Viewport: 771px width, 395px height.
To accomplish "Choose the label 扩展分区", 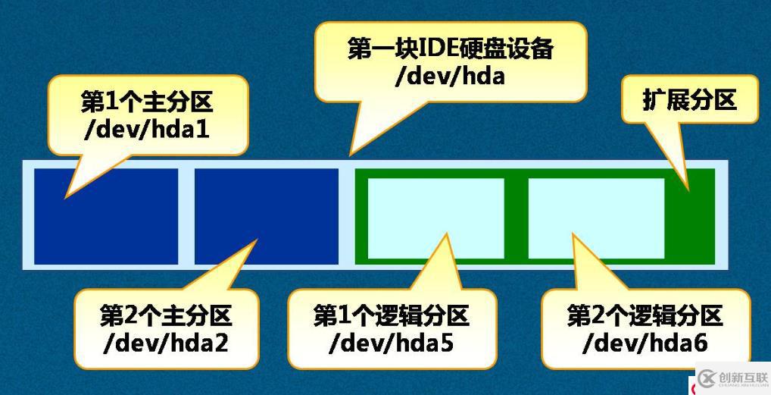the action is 689,99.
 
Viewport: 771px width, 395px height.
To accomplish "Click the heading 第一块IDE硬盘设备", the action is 451,49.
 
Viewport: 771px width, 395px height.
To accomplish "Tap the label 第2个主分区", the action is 166,315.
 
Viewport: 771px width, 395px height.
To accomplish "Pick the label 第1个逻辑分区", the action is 391,315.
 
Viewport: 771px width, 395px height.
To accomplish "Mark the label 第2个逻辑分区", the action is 645,315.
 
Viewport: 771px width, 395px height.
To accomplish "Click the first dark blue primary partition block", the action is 106,216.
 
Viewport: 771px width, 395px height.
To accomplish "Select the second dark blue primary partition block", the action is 266,216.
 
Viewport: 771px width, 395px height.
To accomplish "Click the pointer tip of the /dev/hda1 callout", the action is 65,197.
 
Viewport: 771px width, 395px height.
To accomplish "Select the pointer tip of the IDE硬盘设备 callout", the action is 350,155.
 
